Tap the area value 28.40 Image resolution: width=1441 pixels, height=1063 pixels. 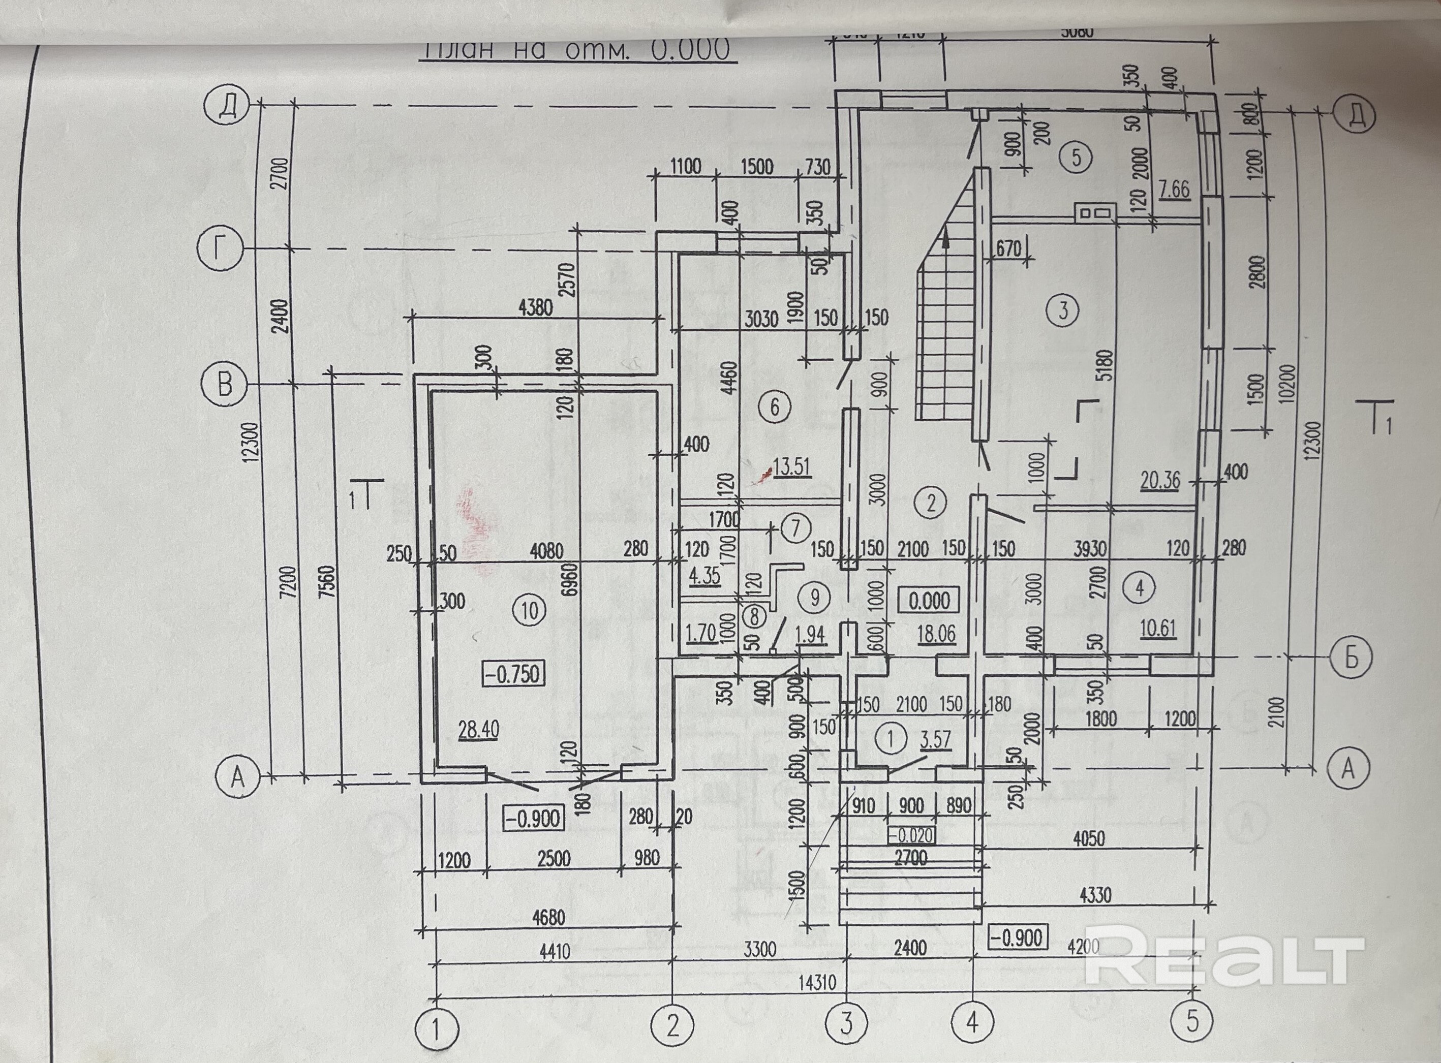pos(478,730)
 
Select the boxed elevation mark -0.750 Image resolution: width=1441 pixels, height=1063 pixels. pos(512,675)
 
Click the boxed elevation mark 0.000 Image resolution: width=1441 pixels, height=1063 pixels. pos(929,600)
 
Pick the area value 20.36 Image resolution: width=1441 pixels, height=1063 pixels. pos(1160,480)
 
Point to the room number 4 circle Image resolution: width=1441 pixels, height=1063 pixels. pos(1140,587)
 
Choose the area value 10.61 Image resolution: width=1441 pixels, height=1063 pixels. pos(1158,628)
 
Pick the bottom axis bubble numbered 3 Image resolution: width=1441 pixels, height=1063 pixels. pos(846,1022)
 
